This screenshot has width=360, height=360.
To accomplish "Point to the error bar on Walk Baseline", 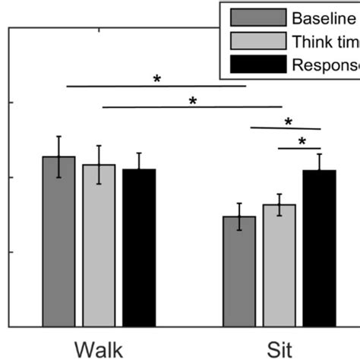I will tap(58, 156).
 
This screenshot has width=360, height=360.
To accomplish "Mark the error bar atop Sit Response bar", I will tap(319, 170).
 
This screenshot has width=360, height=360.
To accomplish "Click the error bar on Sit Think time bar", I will tap(279, 204).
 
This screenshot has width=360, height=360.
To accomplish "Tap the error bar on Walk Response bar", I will tap(139, 169).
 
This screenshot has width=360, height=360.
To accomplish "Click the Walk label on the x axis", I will tap(99, 349).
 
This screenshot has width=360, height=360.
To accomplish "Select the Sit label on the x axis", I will tap(279, 349).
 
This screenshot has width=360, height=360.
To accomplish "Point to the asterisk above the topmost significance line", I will tap(157, 79).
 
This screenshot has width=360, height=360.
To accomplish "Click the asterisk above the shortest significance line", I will tap(302, 141).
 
